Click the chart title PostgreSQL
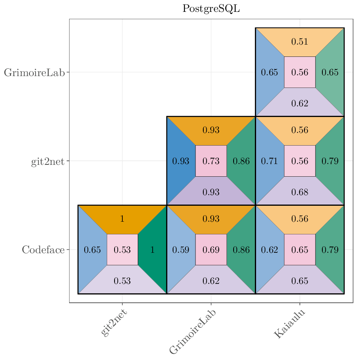point(211,9)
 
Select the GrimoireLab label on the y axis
point(34,73)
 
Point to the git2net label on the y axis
point(48,162)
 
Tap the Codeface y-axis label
point(43,250)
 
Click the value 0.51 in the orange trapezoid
point(299,42)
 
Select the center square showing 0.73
point(211,161)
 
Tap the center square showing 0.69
point(211,250)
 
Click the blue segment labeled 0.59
point(180,250)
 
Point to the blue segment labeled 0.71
point(269,161)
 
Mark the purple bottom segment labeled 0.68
point(299,192)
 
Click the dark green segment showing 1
point(153,250)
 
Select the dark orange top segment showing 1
point(122,219)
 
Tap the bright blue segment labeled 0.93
point(180,161)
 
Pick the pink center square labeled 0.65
point(299,250)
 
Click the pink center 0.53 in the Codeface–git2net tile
point(122,250)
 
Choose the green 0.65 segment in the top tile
point(330,72)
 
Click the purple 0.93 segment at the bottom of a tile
point(211,192)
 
